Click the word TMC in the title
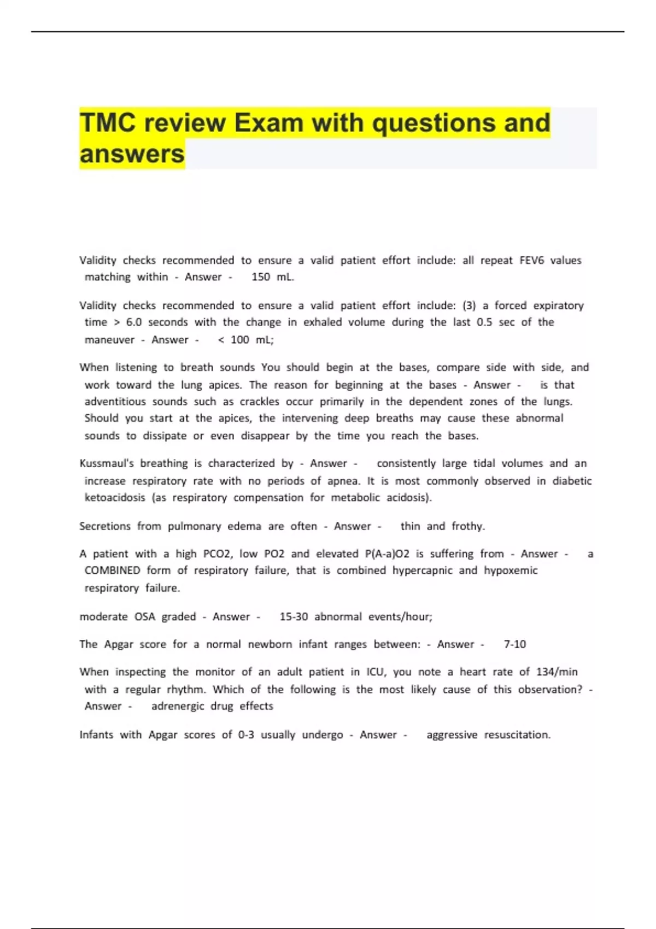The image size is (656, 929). (107, 122)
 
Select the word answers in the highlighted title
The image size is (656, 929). (132, 154)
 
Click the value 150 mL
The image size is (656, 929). (272, 277)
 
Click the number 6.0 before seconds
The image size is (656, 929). (133, 322)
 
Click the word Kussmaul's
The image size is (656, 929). (107, 463)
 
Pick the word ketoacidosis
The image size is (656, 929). (115, 498)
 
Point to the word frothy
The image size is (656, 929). (468, 526)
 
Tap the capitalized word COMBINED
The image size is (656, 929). (112, 571)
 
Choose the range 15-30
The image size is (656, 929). (294, 617)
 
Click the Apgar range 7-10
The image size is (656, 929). (514, 644)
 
